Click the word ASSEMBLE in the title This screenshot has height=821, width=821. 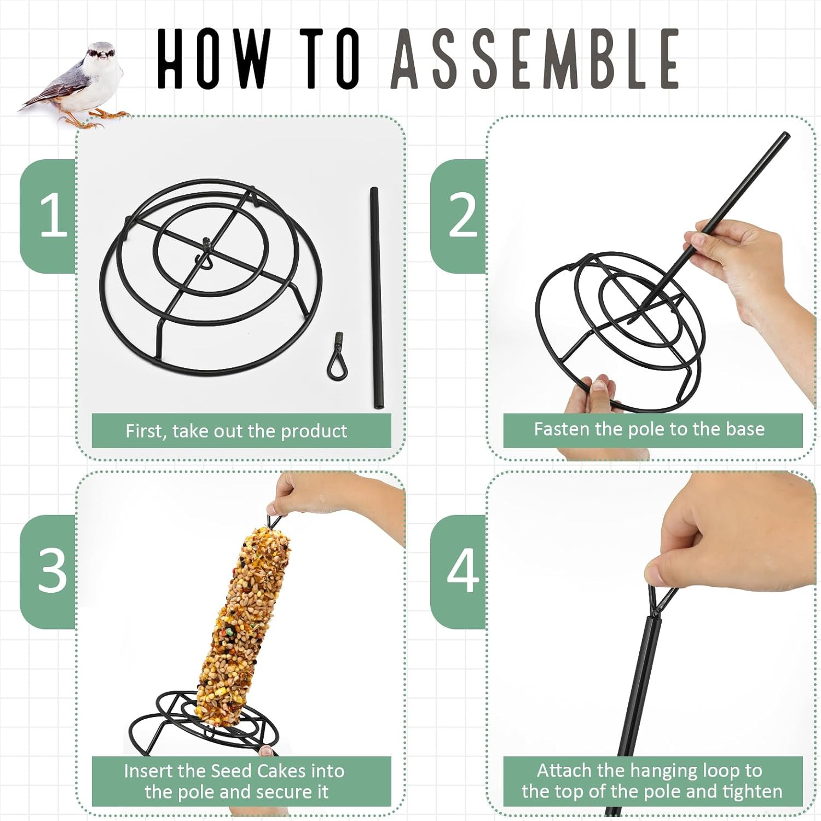tap(535, 59)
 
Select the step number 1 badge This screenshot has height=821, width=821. tap(48, 216)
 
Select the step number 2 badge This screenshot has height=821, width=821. tap(459, 216)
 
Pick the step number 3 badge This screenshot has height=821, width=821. tap(48, 571)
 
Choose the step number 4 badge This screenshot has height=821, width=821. tap(459, 571)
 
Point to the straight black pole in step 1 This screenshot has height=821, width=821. tap(376, 298)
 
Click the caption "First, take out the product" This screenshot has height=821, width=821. tap(236, 431)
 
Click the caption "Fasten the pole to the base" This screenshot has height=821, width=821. tap(649, 429)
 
